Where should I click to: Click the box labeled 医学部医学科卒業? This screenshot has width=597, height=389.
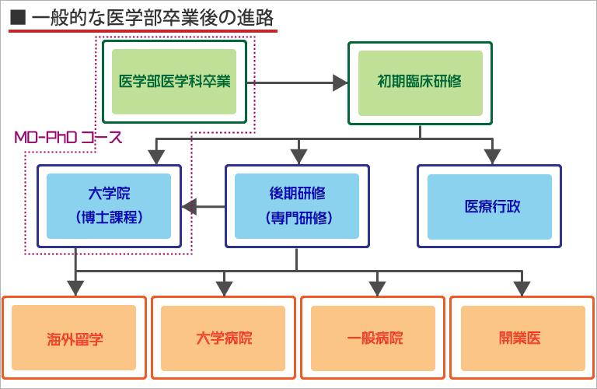click(x=174, y=82)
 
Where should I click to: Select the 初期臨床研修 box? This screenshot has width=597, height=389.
click(x=420, y=82)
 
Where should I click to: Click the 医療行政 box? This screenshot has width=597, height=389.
click(x=489, y=206)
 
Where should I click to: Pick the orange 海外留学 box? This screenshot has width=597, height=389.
click(x=75, y=338)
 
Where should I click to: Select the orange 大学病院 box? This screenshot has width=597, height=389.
click(x=224, y=338)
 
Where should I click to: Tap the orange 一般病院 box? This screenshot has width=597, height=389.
click(x=374, y=338)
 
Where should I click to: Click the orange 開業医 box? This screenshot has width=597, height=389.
click(x=522, y=338)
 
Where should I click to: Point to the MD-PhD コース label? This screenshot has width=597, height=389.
click(x=68, y=138)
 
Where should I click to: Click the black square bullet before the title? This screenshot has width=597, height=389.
click(x=17, y=16)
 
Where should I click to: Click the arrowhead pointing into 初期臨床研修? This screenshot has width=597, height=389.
click(x=340, y=82)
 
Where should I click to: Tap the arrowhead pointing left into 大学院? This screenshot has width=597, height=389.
click(x=189, y=207)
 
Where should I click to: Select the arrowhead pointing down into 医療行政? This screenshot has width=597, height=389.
click(x=490, y=157)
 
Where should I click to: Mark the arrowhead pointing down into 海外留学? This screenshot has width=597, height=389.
click(x=75, y=289)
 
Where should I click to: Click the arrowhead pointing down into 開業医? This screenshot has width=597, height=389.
click(x=523, y=289)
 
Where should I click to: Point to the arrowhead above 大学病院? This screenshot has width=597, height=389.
click(x=224, y=289)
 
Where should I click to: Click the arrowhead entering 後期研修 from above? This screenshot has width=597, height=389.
click(x=296, y=157)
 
